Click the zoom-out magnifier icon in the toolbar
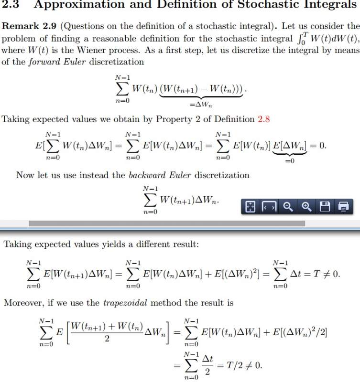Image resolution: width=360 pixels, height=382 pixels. [x=288, y=206]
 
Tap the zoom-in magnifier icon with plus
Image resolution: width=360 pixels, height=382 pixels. [x=306, y=206]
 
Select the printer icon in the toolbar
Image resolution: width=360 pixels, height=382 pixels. [x=343, y=206]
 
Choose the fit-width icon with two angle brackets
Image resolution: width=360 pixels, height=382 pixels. [x=269, y=206]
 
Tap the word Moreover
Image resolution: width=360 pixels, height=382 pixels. [x=22, y=302]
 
